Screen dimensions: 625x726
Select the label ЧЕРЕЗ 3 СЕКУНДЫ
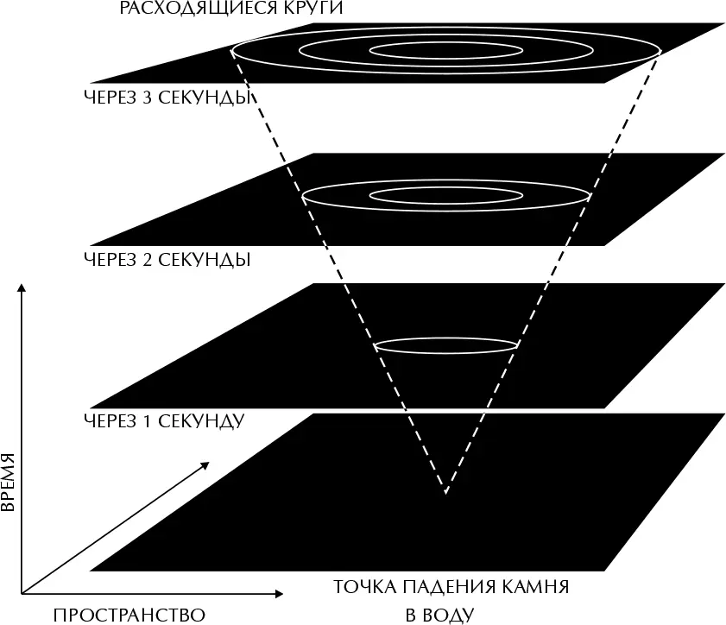click(167, 97)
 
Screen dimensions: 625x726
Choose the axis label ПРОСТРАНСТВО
click(129, 615)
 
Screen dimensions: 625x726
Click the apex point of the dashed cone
click(445, 493)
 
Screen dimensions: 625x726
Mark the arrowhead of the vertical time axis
click(22, 284)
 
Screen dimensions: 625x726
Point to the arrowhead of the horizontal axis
click(278, 594)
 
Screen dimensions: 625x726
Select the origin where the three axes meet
click(22, 594)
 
